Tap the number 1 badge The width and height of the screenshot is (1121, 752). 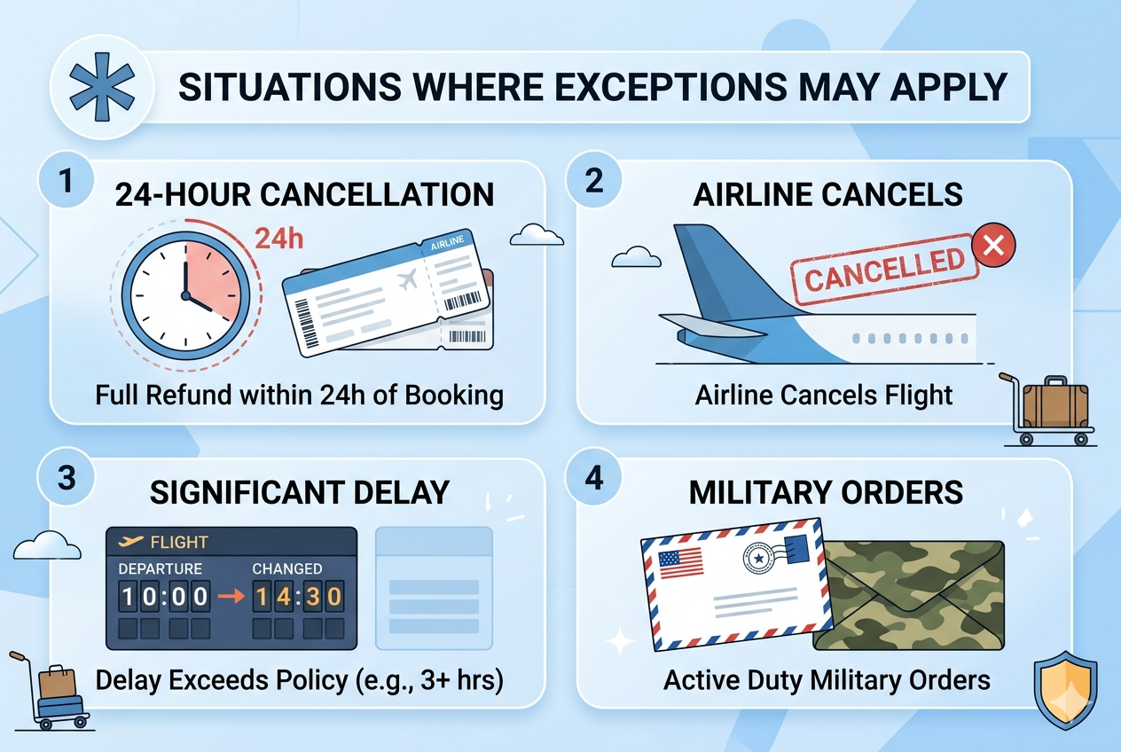click(64, 180)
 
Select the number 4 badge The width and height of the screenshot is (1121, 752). click(594, 478)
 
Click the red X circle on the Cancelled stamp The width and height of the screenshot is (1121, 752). click(993, 246)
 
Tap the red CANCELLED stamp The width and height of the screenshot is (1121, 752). click(884, 270)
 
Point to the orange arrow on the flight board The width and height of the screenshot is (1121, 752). click(231, 597)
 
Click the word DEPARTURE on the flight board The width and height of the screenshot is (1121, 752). click(161, 568)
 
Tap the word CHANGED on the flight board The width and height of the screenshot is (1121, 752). click(286, 568)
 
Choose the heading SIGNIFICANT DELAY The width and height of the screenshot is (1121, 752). click(299, 492)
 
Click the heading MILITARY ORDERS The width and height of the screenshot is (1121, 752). click(826, 492)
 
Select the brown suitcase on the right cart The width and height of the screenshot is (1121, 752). click(1054, 404)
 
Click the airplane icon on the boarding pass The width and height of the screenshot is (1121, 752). click(409, 281)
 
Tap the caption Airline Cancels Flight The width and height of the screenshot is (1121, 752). click(824, 394)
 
